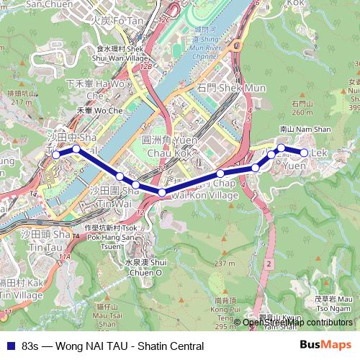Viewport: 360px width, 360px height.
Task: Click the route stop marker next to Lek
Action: tap(305, 153)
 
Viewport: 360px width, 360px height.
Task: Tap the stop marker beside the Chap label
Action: tap(220, 174)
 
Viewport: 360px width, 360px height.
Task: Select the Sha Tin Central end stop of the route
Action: tap(56, 154)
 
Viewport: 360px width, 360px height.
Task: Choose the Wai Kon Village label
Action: tap(204, 195)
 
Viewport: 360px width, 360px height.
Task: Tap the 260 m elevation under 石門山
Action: tap(302, 112)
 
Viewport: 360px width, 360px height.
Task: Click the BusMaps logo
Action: tap(325, 346)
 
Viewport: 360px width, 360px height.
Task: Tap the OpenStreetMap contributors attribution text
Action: tap(297, 323)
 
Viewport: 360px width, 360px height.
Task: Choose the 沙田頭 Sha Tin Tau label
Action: tap(45, 239)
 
